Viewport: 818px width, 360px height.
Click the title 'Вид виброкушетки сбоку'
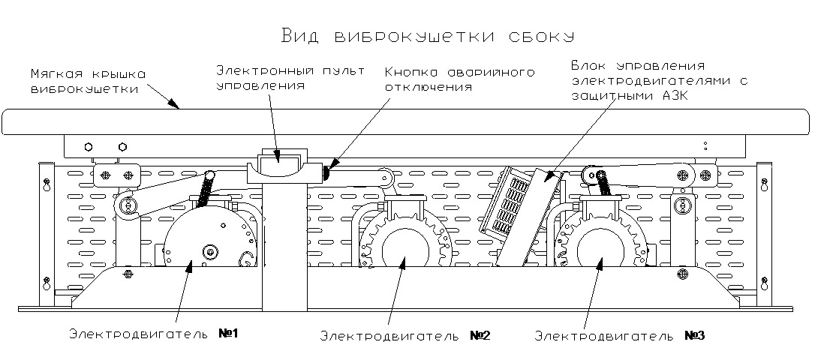coord(427,36)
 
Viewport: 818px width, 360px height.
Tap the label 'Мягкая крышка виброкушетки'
coord(88,82)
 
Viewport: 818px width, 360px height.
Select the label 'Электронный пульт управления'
coord(290,78)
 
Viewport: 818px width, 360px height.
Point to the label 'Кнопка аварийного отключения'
coord(459,79)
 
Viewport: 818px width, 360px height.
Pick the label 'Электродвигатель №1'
coord(153,333)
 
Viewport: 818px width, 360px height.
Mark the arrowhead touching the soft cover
coord(174,106)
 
